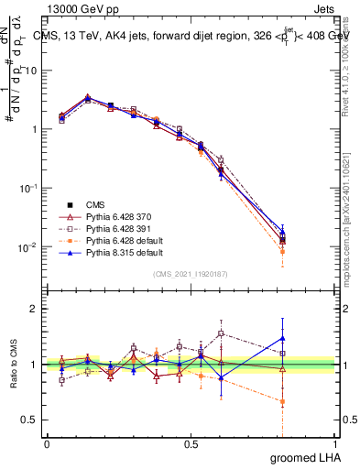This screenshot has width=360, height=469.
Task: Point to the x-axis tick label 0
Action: pyautogui.click(x=47, y=442)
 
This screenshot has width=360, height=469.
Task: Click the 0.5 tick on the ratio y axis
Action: pyautogui.click(x=33, y=420)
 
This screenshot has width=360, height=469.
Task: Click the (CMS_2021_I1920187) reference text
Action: pyautogui.click(x=191, y=274)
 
